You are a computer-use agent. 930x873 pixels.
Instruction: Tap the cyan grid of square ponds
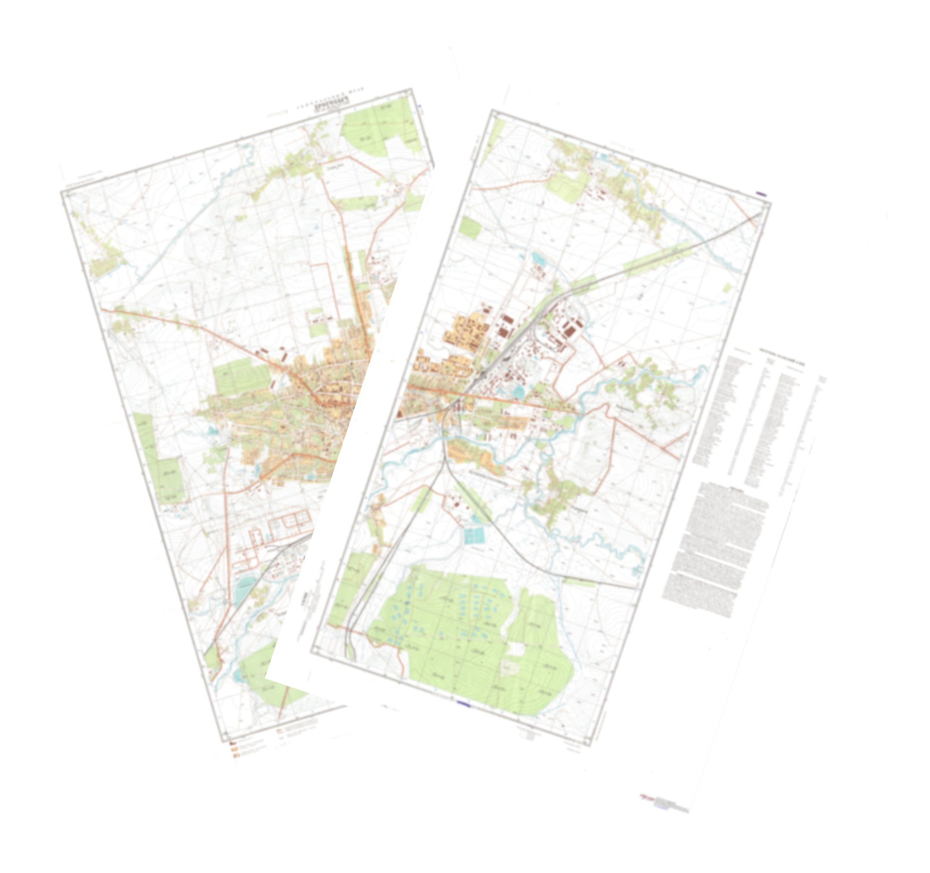pyautogui.click(x=476, y=535)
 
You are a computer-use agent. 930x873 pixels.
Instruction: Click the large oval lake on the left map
pyautogui.click(x=245, y=588)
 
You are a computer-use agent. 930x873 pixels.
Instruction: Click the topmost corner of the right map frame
pyautogui.click(x=492, y=111)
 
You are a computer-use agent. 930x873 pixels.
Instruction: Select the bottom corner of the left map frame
pyautogui.click(x=223, y=741)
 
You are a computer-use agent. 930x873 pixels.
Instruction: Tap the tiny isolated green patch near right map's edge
pyautogui.click(x=728, y=287)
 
